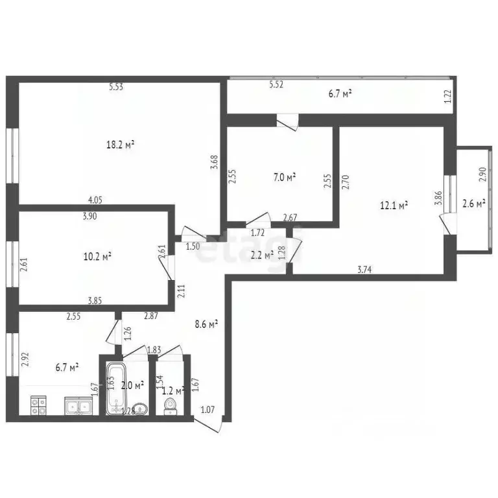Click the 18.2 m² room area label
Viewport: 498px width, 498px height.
[x=120, y=145]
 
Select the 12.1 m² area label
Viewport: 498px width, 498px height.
[x=394, y=206]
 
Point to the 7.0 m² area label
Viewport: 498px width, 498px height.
[x=283, y=176]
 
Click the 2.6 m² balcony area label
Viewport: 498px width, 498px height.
[x=474, y=204]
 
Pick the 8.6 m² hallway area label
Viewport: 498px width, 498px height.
[x=207, y=323]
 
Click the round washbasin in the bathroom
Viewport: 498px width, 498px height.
[x=142, y=409]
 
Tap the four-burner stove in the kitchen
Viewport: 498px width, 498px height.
[x=38, y=405]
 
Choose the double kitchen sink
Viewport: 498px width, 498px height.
[x=80, y=406]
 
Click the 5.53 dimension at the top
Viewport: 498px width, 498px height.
[x=116, y=87]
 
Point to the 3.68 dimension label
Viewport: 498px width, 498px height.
[x=215, y=161]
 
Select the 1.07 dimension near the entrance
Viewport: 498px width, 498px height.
[x=207, y=409]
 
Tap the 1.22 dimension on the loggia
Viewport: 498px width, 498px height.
[x=447, y=97]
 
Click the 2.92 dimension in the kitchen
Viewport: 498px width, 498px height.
[x=25, y=359]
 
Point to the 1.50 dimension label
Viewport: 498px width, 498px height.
[x=193, y=247]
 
